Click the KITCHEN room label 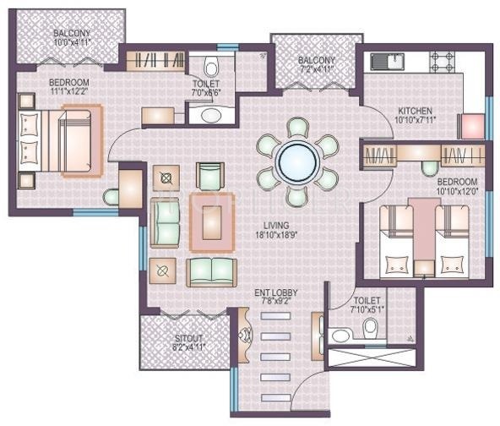415,111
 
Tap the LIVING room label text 275,226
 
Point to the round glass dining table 296,161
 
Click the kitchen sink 387,61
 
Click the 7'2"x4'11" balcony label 317,65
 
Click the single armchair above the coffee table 209,175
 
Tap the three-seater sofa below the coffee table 210,270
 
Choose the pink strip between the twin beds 421,228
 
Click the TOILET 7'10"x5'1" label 367,305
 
